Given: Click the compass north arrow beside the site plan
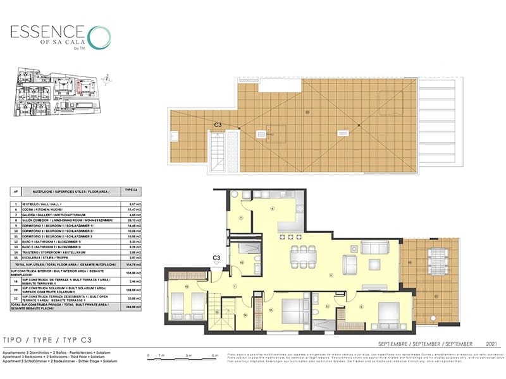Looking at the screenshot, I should (108, 79).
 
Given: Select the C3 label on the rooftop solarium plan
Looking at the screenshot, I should (218, 125).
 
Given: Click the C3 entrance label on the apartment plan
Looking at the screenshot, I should (216, 258).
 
